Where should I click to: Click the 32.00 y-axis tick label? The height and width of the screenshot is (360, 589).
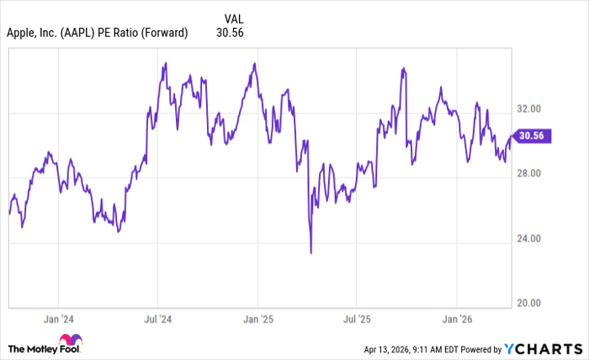coord(533,109)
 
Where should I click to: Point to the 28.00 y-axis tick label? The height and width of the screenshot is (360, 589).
coord(533,173)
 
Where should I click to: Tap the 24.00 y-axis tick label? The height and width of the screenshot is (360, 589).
coord(533,238)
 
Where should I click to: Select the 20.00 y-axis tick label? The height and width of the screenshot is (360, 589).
coord(533,303)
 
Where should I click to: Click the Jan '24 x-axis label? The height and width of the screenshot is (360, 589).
coord(58,320)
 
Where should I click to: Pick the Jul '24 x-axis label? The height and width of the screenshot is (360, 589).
coord(157,320)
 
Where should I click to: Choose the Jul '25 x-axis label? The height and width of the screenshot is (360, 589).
coord(356,320)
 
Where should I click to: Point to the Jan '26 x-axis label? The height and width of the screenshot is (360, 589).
coord(456,320)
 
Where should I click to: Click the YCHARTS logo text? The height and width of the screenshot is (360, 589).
coord(549,348)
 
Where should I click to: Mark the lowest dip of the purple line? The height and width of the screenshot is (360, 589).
coord(310,252)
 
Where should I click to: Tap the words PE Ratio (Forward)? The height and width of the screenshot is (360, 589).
coord(148,33)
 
